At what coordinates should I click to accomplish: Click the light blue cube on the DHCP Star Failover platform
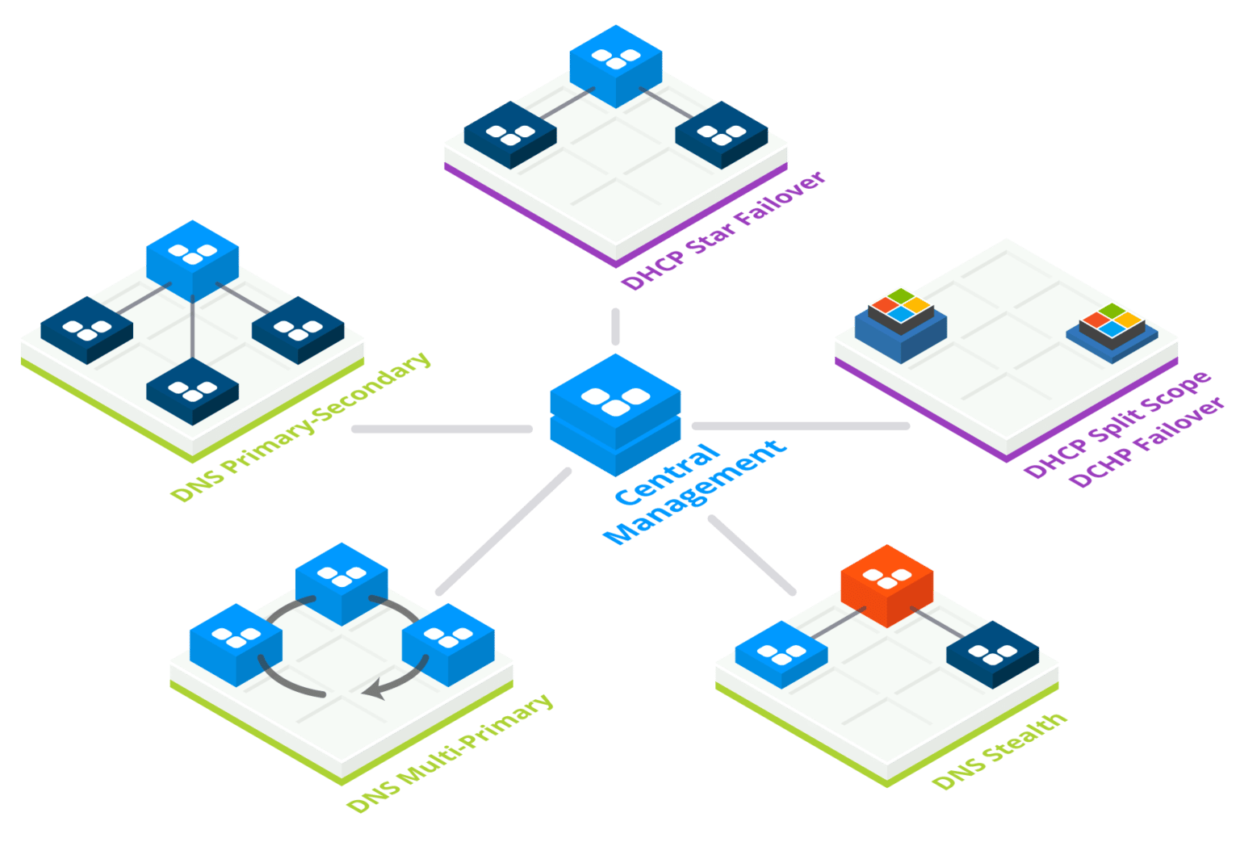(615, 65)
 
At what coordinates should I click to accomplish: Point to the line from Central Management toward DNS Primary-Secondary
(441, 429)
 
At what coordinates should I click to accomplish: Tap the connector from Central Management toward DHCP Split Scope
(800, 425)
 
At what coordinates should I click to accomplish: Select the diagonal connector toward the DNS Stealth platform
(752, 555)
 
